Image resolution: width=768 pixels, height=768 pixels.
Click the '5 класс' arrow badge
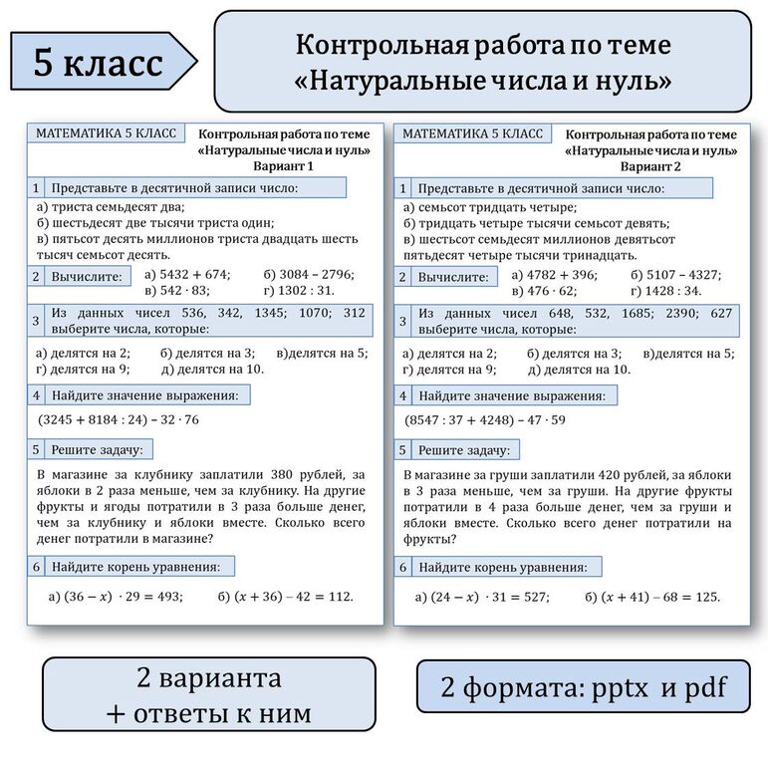(98, 62)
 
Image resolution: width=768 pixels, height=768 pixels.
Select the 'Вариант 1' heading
(283, 166)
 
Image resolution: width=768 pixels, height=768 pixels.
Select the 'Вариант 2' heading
(650, 166)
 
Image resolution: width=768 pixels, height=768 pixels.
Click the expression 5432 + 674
(186, 274)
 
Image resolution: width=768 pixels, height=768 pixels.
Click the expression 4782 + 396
(553, 274)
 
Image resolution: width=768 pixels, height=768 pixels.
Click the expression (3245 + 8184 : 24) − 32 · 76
(119, 419)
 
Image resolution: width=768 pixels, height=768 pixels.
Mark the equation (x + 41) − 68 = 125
(652, 597)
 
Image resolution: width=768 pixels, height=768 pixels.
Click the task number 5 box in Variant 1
(36, 449)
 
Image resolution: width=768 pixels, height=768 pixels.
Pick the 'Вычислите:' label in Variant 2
(453, 277)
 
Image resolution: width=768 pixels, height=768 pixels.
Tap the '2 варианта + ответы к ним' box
(208, 694)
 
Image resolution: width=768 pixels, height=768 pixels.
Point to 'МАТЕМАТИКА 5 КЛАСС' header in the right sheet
(472, 133)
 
